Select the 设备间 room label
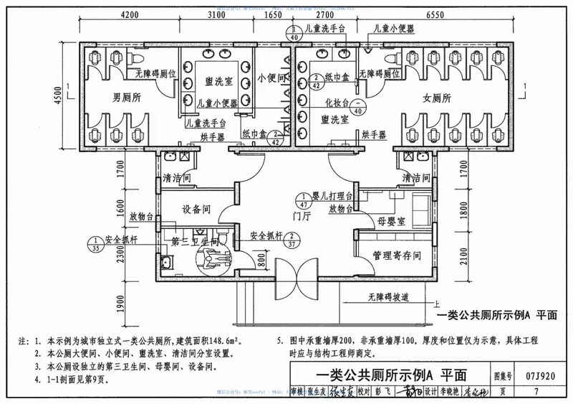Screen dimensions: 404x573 (196, 210)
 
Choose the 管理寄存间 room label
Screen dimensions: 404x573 (396, 255)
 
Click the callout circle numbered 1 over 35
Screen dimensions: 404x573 (95, 245)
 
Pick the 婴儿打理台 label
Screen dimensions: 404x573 (334, 196)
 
